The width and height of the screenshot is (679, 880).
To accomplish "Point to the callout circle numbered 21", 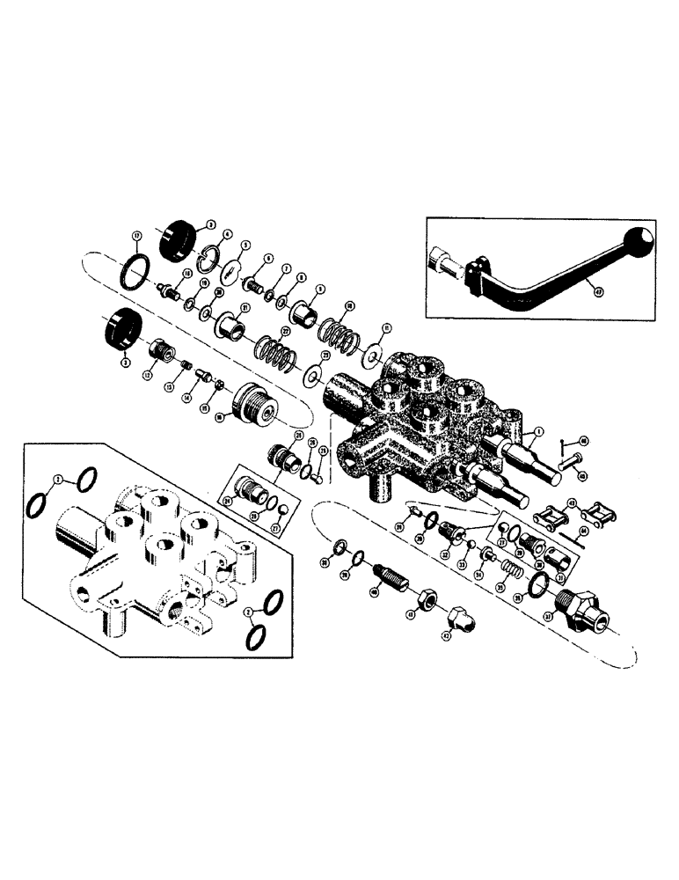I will (x=246, y=307).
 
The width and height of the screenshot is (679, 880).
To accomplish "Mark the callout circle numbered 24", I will (x=226, y=503).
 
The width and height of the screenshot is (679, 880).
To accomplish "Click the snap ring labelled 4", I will (x=212, y=257).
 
